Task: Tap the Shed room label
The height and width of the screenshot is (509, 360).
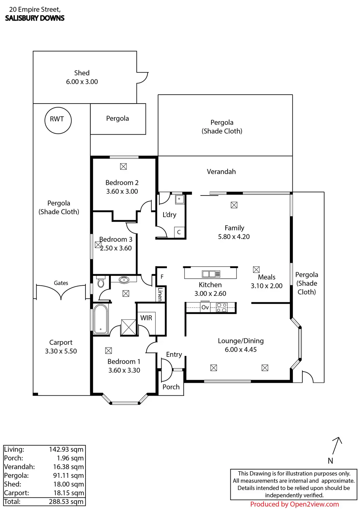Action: pyautogui.click(x=82, y=73)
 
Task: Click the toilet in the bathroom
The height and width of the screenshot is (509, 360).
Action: pyautogui.click(x=101, y=283)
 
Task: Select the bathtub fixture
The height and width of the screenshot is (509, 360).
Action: pyautogui.click(x=101, y=319)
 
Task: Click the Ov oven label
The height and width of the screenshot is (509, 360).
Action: pyautogui.click(x=205, y=307)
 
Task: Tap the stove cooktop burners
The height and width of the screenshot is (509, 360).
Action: pyautogui.click(x=222, y=307)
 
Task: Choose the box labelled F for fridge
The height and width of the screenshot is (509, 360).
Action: pyautogui.click(x=162, y=277)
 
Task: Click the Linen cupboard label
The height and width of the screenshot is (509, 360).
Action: pyautogui.click(x=160, y=294)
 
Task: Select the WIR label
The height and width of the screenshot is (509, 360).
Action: pyautogui.click(x=146, y=318)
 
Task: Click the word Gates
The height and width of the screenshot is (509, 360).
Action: pyautogui.click(x=61, y=283)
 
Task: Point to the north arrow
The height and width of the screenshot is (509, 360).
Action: pyautogui.click(x=337, y=445)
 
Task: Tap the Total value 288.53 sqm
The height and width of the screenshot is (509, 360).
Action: pyautogui.click(x=66, y=502)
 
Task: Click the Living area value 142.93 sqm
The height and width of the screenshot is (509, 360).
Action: pyautogui.click(x=66, y=449)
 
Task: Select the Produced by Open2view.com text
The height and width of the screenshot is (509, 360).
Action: pyautogui.click(x=294, y=504)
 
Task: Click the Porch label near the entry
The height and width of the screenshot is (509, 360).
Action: pyautogui.click(x=171, y=387)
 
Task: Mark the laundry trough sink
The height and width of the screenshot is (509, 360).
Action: pyautogui.click(x=179, y=199)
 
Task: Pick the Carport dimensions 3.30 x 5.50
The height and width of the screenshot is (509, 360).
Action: pyautogui.click(x=61, y=351)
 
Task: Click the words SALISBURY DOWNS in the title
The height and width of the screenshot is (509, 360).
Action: pyautogui.click(x=35, y=18)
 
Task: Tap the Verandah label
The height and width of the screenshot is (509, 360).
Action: pyautogui.click(x=221, y=172)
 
